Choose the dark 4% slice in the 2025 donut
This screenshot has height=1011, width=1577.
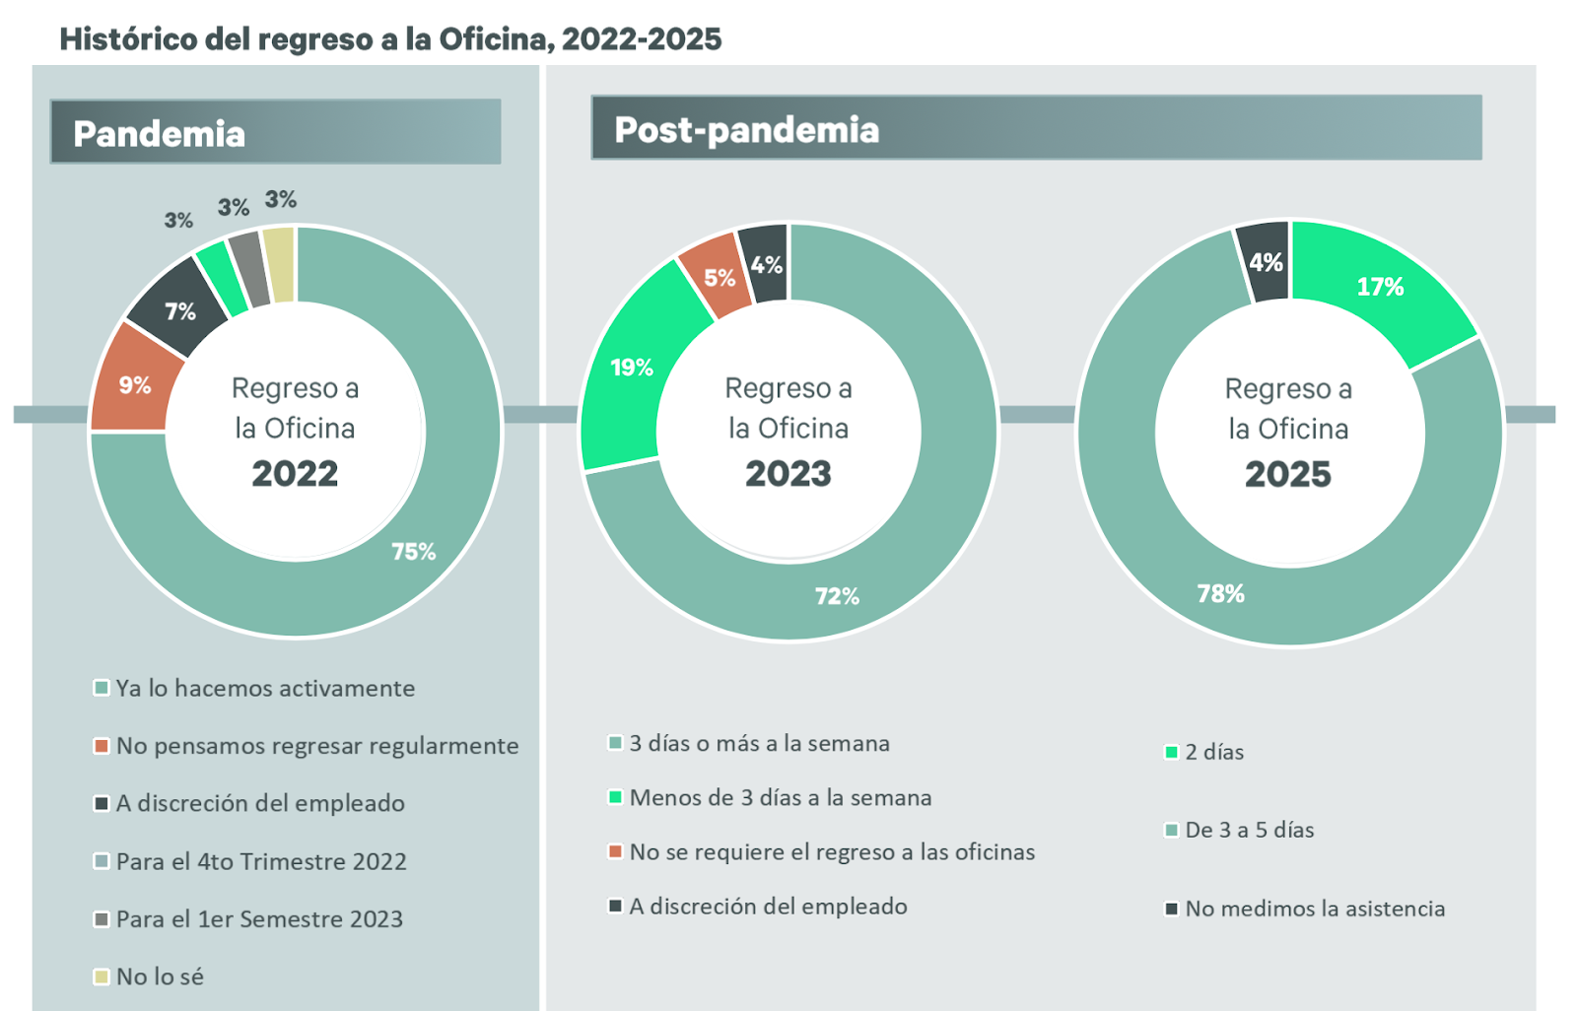point(1265,262)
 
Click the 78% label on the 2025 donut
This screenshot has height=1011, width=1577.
point(1220,593)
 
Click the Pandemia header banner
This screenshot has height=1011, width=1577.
point(275,132)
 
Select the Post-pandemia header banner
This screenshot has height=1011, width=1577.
point(1035,128)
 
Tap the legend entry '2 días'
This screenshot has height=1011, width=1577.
point(1213,752)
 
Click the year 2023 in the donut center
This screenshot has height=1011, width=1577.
point(788,474)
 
